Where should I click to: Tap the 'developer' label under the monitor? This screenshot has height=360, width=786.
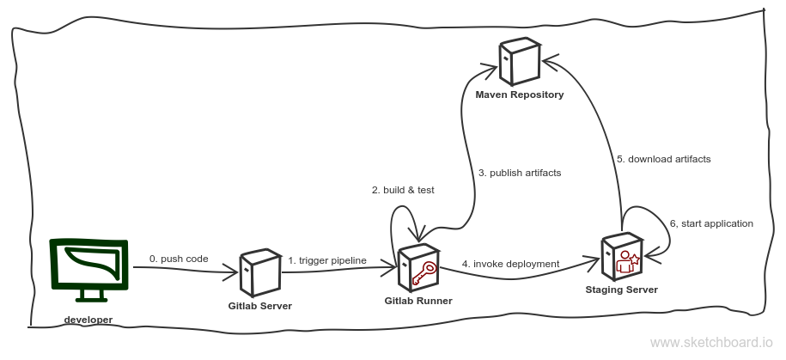[88, 320]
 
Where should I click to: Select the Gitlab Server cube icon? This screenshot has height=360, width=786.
[259, 272]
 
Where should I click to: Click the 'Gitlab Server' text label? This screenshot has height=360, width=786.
[259, 306]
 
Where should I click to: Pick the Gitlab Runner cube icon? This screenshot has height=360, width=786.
[418, 266]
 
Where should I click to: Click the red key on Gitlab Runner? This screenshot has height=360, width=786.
[423, 273]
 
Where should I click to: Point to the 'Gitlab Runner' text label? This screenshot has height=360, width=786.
[418, 301]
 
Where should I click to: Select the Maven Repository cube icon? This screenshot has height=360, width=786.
[521, 61]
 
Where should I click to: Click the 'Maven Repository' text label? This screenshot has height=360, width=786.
[520, 95]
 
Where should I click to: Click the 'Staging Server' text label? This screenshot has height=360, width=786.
[621, 290]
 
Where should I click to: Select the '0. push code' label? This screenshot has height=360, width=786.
[179, 258]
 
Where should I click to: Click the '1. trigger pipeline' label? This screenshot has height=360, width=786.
[327, 260]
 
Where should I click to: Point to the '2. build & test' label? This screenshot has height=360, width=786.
[402, 190]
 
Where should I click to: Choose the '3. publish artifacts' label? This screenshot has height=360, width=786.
[519, 173]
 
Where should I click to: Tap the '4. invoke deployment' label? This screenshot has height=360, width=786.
[510, 264]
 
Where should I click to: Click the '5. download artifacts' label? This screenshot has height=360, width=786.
[663, 159]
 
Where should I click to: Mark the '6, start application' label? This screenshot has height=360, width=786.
[711, 223]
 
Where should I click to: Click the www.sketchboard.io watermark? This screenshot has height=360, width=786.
[711, 343]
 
